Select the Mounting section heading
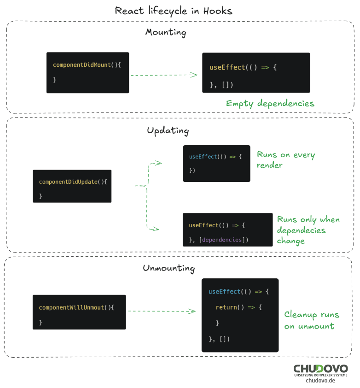click(166, 32)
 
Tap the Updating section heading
click(168, 131)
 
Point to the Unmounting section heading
click(168, 268)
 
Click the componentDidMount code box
click(87, 72)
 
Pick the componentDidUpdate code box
click(72, 186)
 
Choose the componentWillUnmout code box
click(79, 312)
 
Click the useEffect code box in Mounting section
click(256, 72)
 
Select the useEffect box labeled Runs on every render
click(216, 163)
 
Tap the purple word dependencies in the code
click(222, 240)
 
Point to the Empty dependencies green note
click(270, 104)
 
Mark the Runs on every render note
click(285, 160)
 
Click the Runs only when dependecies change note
click(308, 230)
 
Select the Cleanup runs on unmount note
click(312, 320)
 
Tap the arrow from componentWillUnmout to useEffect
click(161, 312)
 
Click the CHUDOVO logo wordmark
click(321, 369)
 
